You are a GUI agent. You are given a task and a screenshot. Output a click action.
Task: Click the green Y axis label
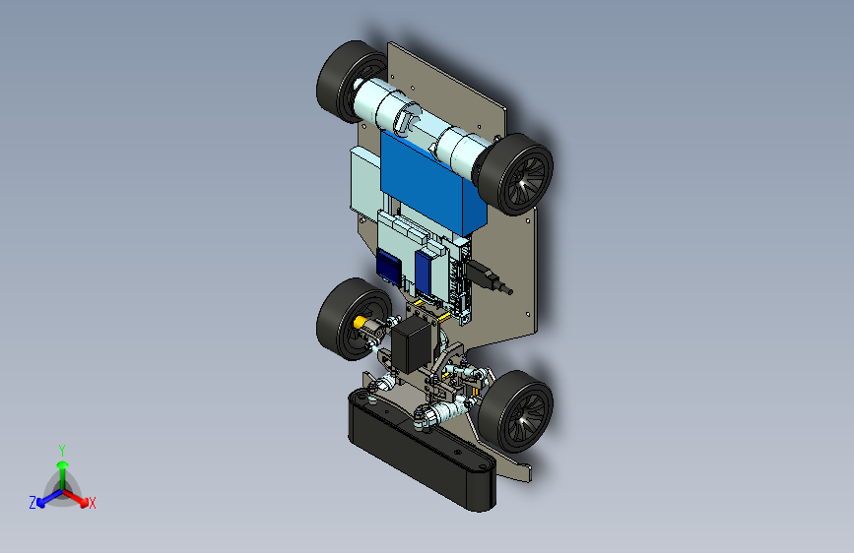[x=62, y=451]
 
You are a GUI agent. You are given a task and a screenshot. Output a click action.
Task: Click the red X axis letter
[x=92, y=503]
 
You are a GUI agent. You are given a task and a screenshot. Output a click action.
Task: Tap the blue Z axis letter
[x=33, y=503]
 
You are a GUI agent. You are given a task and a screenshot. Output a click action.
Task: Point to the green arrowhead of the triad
[x=63, y=464]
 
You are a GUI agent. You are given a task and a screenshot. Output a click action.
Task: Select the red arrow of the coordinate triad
[x=76, y=498]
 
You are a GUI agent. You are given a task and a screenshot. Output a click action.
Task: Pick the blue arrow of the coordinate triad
[x=50, y=498]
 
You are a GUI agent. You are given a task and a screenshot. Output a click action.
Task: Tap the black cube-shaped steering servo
[x=413, y=345]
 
